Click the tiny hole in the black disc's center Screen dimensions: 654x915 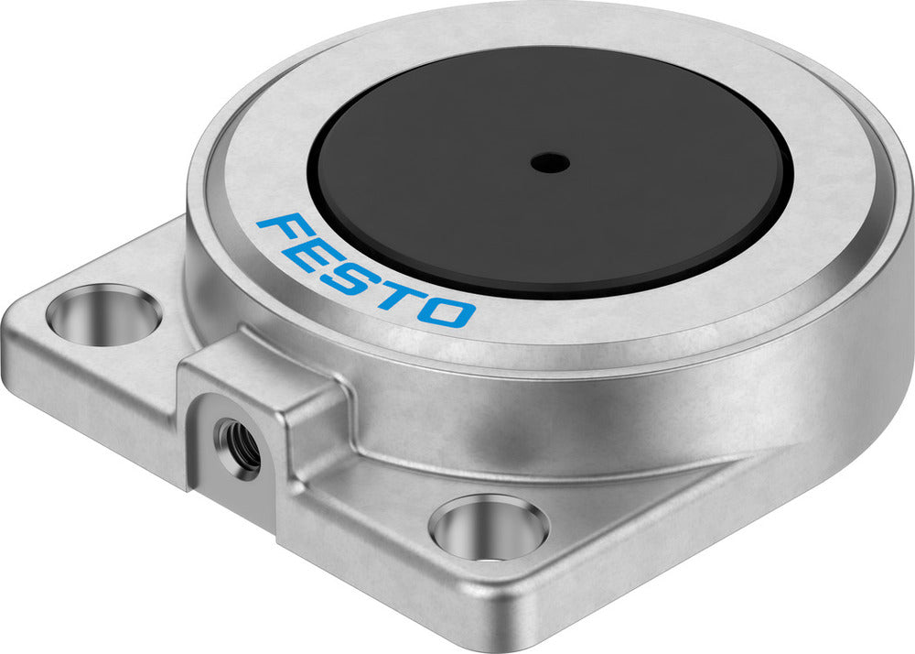click(549, 164)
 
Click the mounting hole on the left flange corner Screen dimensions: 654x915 click(103, 313)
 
